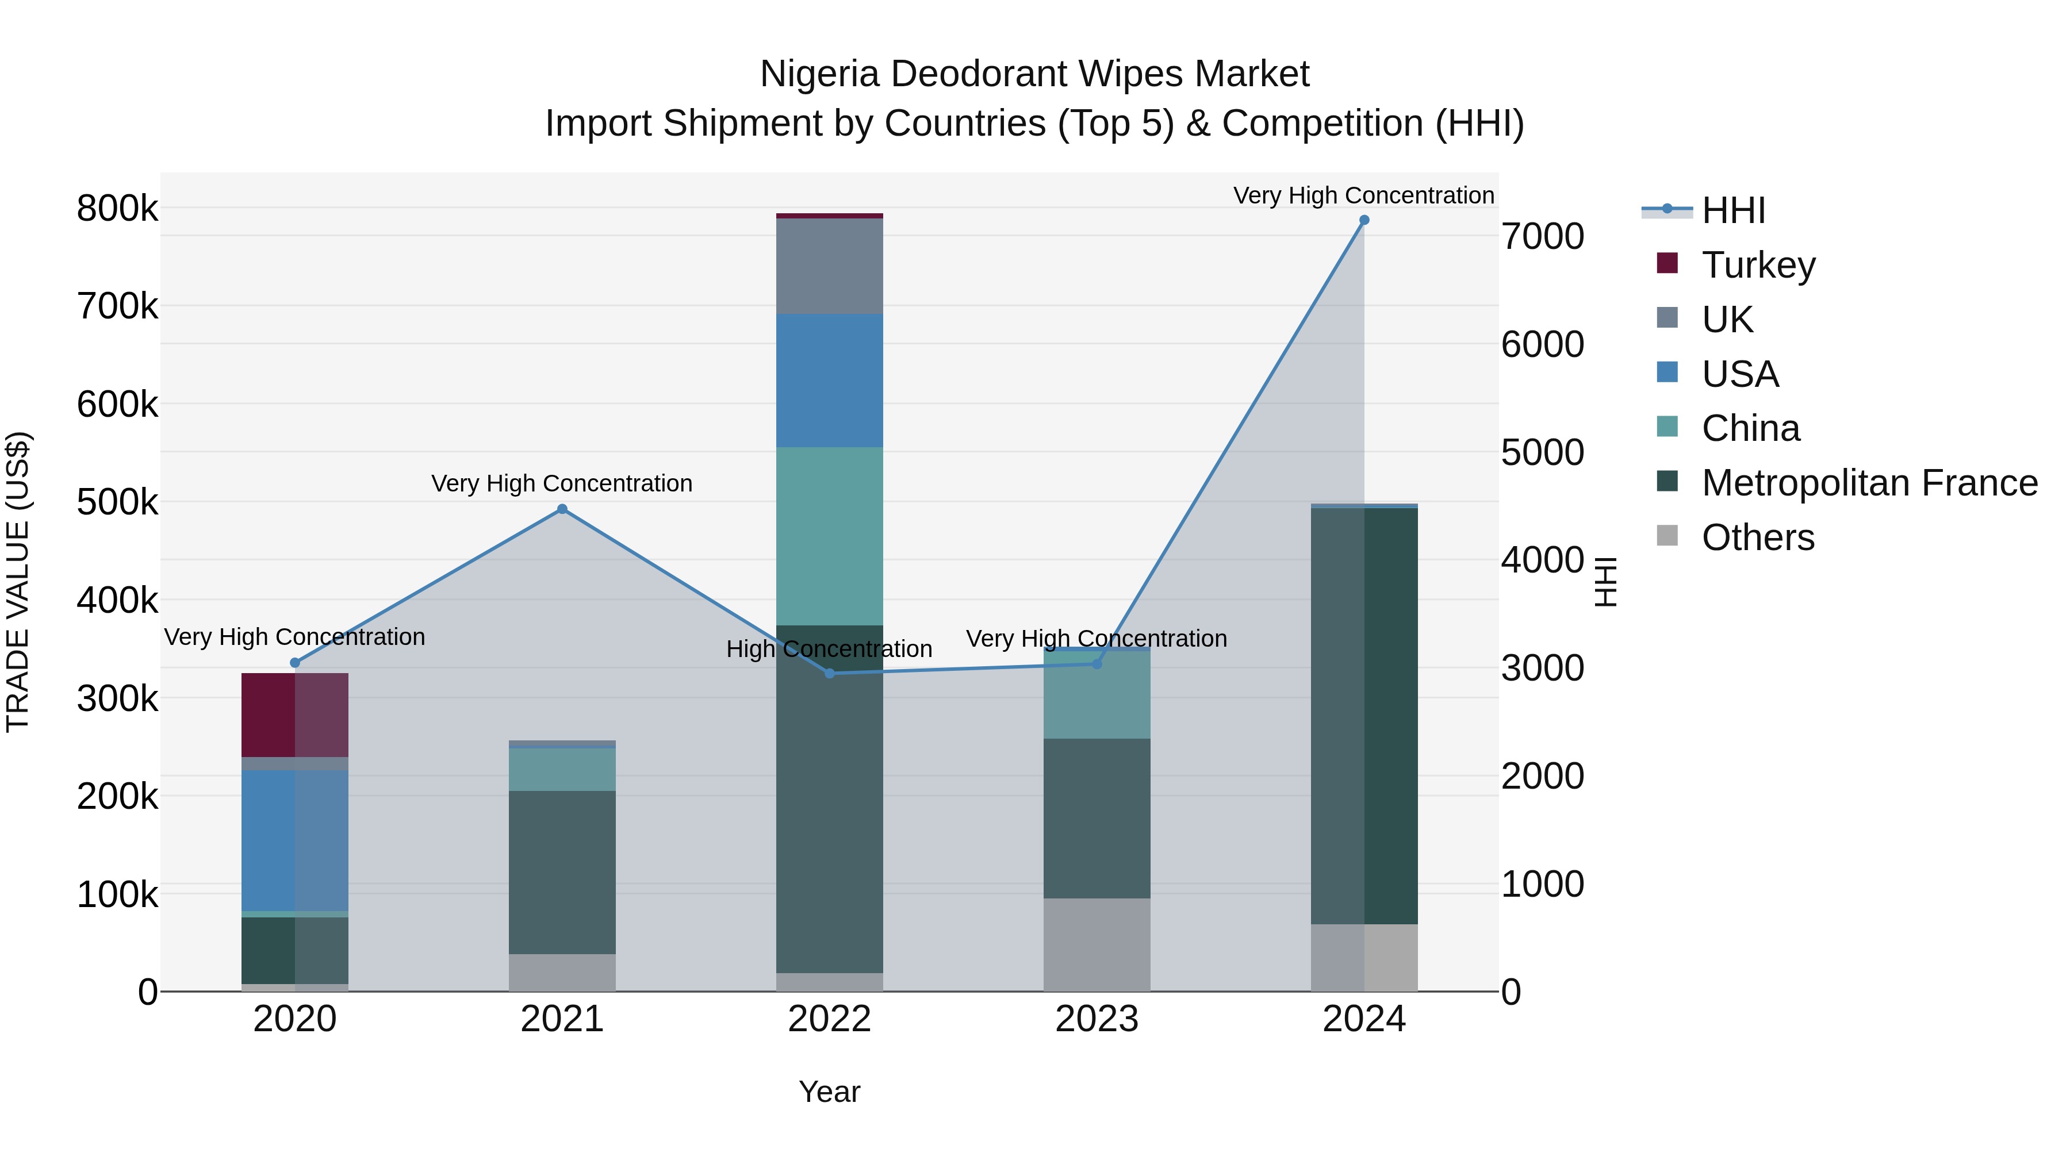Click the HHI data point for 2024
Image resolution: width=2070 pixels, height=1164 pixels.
click(x=1364, y=220)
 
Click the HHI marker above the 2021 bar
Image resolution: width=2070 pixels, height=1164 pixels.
click(x=562, y=509)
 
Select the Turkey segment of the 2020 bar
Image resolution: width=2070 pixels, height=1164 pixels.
click(x=295, y=715)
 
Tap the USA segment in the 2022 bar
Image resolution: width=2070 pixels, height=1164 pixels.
click(x=829, y=381)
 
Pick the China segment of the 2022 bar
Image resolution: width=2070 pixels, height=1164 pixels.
click(x=829, y=536)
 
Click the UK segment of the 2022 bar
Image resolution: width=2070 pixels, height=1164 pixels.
click(x=829, y=266)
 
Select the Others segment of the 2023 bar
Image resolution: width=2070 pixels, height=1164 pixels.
click(x=1097, y=944)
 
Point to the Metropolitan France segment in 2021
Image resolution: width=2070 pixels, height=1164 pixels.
click(x=562, y=873)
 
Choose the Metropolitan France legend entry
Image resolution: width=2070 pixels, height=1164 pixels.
click(x=1869, y=483)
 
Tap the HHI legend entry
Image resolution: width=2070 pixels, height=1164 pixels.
click(x=1732, y=210)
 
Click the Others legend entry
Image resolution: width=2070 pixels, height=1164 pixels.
click(x=1757, y=537)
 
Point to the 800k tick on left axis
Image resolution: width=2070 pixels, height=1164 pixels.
click(x=117, y=209)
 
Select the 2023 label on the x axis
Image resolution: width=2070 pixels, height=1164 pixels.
click(x=1097, y=1019)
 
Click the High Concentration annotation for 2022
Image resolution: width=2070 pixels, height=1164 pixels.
click(x=829, y=649)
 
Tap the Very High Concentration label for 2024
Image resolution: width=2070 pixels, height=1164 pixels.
click(x=1364, y=196)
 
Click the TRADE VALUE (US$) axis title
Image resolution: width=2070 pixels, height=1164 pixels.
click(x=18, y=582)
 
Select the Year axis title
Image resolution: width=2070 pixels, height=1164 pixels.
click(x=829, y=1092)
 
